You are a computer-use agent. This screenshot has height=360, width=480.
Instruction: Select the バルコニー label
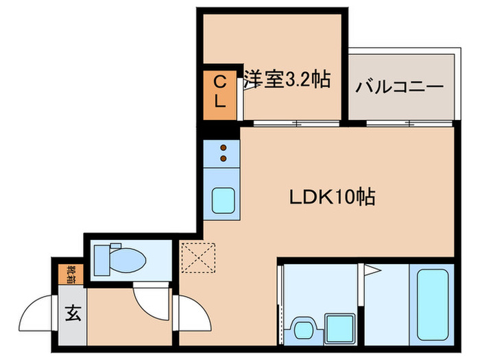coord(399,88)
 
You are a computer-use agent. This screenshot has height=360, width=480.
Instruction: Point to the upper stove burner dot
coord(223,147)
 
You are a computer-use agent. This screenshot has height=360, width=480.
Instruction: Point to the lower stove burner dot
coord(223,159)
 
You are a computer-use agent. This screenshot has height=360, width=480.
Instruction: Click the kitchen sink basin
coord(223,200)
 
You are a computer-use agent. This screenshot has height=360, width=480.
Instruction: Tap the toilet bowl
coord(127,259)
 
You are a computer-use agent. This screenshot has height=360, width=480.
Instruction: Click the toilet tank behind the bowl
coord(99,259)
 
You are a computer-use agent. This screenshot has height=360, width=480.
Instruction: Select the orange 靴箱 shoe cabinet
coord(71,274)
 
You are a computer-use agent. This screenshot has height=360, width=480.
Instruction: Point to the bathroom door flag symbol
coord(372,270)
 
